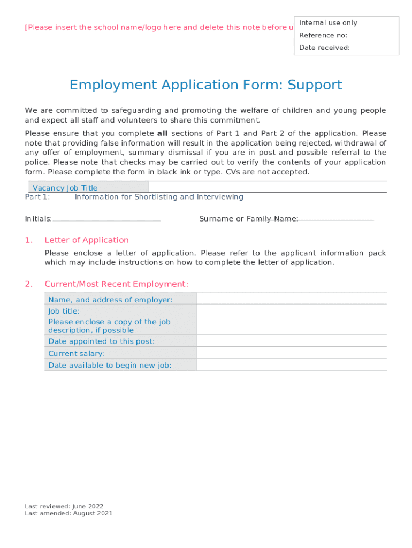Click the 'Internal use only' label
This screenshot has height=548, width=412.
tap(328, 22)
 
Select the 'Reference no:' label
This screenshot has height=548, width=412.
tap(323, 35)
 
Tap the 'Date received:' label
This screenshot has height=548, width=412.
tap(324, 48)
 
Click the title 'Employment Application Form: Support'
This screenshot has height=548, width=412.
tap(205, 85)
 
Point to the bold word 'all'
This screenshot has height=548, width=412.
tap(162, 133)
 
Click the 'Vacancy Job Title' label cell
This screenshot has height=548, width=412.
tap(65, 188)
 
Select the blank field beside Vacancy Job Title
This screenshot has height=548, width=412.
tap(267, 187)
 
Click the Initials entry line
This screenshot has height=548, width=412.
tap(106, 219)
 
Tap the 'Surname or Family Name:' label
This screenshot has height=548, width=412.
tap(249, 219)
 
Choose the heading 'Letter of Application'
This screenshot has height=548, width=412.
tap(87, 240)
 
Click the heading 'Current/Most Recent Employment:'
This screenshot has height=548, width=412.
tap(116, 284)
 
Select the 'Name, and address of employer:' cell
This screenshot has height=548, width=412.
tap(110, 300)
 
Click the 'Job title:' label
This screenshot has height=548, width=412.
tap(64, 311)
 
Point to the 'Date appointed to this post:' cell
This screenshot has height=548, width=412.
tap(101, 341)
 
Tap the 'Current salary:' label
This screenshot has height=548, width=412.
tap(77, 354)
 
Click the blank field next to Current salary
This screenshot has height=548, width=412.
tap(291, 353)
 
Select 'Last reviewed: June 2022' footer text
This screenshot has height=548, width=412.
tap(64, 506)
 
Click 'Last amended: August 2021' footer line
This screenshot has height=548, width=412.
tap(68, 513)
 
